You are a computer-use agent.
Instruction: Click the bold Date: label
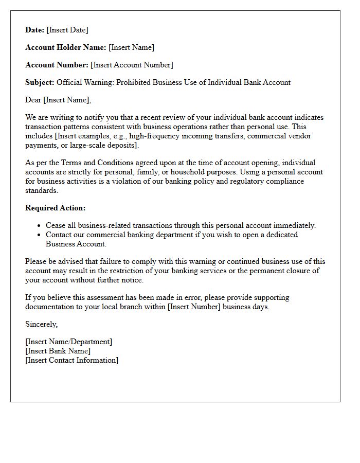[x=34, y=30]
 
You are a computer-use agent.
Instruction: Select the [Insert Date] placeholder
[x=67, y=30]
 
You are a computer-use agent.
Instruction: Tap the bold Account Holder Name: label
[x=66, y=47]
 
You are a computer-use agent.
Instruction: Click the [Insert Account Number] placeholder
[x=132, y=65]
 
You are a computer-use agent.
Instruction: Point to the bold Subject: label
[x=40, y=82]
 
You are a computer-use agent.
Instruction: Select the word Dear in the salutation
[x=33, y=100]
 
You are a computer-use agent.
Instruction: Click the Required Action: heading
[x=56, y=208]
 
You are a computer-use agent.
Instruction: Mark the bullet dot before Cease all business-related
[x=39, y=226]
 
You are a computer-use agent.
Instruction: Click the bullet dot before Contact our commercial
[x=39, y=235]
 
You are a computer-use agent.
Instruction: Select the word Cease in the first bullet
[x=56, y=225]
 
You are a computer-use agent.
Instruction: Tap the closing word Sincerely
[x=42, y=324]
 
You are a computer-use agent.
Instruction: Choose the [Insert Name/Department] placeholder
[x=68, y=342]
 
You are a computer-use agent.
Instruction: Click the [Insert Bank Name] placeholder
[x=58, y=351]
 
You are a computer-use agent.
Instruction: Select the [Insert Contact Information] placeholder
[x=71, y=360]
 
